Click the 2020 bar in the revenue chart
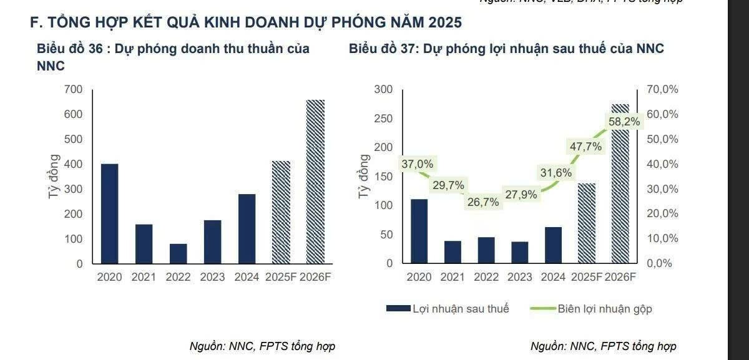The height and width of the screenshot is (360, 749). [109, 213]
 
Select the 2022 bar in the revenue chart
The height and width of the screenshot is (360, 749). [178, 253]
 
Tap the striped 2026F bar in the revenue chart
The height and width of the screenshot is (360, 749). [315, 182]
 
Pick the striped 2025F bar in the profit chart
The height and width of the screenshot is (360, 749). [587, 223]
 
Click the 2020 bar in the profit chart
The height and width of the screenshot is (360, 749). [419, 231]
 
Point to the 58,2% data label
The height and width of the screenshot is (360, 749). [624, 122]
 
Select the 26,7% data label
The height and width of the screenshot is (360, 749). [482, 202]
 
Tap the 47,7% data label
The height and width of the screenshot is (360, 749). [585, 147]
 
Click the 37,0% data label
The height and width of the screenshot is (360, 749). [418, 164]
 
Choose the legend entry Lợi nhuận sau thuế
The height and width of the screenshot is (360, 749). [448, 309]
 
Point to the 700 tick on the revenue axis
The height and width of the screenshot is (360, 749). [73, 90]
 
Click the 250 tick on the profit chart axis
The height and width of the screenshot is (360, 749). [384, 119]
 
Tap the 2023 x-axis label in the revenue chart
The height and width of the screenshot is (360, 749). [213, 277]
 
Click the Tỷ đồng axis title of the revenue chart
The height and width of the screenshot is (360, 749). [55, 177]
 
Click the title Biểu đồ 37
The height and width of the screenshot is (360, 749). [506, 49]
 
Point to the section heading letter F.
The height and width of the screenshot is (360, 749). [34, 22]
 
